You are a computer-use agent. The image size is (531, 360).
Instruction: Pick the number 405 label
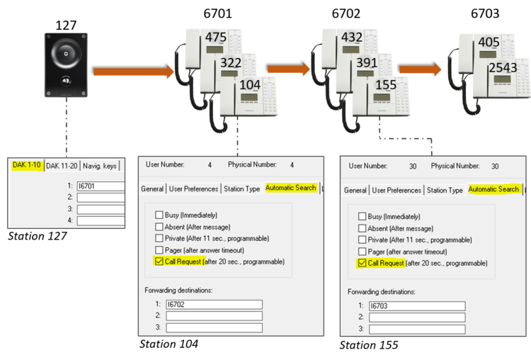pyautogui.click(x=489, y=43)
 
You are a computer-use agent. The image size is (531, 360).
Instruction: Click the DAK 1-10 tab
pyautogui.click(x=27, y=165)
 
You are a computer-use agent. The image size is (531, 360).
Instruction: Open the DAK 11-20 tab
pyautogui.click(x=62, y=166)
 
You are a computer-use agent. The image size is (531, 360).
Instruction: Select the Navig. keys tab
pyautogui.click(x=100, y=166)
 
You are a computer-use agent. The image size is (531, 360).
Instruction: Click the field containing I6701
pyautogui.click(x=101, y=186)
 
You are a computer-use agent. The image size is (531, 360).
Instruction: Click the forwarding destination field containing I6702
pyautogui.click(x=214, y=304)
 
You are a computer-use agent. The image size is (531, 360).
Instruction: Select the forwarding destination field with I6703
pyautogui.click(x=417, y=306)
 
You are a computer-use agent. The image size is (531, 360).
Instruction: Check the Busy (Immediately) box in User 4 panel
pyautogui.click(x=159, y=215)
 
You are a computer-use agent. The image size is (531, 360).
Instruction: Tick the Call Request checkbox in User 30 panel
pyautogui.click(x=362, y=263)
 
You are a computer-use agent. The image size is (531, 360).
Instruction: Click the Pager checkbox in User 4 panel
pyautogui.click(x=159, y=250)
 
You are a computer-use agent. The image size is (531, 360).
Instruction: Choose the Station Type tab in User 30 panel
pyautogui.click(x=444, y=190)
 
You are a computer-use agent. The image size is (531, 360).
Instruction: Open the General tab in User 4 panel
pyautogui.click(x=152, y=189)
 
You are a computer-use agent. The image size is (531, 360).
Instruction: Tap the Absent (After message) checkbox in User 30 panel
pyautogui.click(x=362, y=228)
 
